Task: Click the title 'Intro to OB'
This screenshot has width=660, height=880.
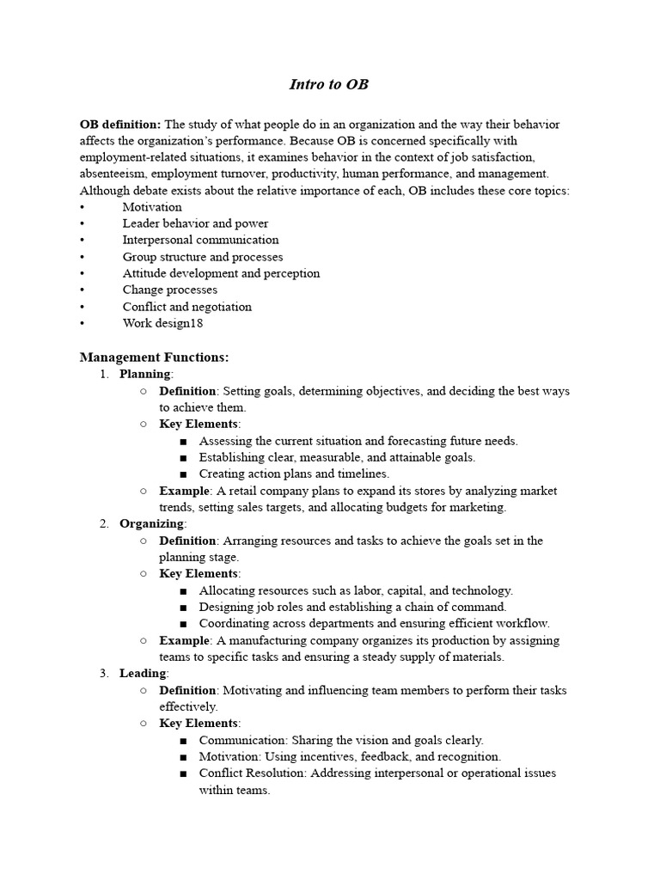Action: tap(329, 84)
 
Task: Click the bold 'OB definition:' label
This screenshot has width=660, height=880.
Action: tap(119, 125)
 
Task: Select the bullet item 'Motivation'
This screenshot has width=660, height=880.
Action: tap(152, 207)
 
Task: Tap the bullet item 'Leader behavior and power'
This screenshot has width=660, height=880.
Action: tap(195, 223)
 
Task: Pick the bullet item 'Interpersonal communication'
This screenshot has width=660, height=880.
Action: tap(200, 240)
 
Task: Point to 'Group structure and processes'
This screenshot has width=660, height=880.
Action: tap(202, 257)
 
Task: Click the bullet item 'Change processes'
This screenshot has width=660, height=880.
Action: tap(169, 290)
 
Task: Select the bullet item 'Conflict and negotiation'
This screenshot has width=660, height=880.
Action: tap(186, 307)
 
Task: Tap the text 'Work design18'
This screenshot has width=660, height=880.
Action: tap(162, 323)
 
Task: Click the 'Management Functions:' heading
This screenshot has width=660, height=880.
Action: tap(154, 357)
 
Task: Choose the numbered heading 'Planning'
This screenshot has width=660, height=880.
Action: tap(145, 374)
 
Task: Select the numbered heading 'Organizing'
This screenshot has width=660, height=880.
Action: tap(151, 523)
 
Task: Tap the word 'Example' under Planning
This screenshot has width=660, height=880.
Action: tap(184, 491)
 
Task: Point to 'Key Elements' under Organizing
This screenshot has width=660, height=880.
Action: tap(199, 573)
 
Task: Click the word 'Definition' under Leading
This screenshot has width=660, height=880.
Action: tap(187, 690)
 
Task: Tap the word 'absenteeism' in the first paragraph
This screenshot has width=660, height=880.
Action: tap(112, 174)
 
